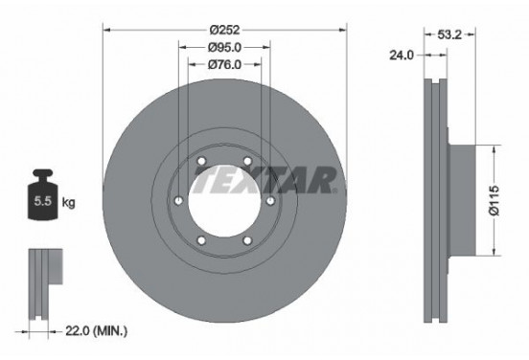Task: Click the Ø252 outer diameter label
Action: tap(224, 30)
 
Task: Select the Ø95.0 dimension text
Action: tap(224, 48)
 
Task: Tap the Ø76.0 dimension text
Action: tap(224, 64)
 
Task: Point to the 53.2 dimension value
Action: tap(449, 34)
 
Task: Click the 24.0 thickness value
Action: tap(402, 55)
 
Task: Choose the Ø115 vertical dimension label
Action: tap(494, 200)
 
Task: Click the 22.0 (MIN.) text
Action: tap(96, 331)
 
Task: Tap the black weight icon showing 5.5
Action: tap(42, 194)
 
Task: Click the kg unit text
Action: tap(68, 203)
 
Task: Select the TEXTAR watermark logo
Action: tap(264, 180)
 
